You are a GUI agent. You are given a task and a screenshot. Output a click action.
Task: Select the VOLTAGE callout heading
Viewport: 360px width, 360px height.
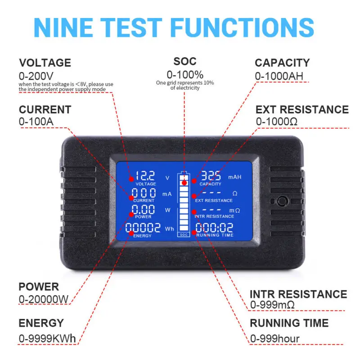point(45,63)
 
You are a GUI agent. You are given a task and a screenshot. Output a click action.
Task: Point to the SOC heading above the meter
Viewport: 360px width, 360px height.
point(185,61)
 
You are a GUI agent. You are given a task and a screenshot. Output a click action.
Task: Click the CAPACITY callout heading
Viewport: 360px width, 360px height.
point(282,63)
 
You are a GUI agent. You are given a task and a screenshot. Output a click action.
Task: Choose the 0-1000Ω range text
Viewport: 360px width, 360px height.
point(277,121)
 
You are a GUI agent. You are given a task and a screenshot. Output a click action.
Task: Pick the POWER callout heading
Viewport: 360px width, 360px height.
point(39,287)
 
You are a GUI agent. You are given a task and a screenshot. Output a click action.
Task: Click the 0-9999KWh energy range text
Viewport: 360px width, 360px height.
point(47,338)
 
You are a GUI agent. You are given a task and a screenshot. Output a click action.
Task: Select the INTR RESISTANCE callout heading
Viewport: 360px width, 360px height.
point(298,294)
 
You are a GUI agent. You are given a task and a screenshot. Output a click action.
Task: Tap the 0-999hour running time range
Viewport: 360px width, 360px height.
point(274,338)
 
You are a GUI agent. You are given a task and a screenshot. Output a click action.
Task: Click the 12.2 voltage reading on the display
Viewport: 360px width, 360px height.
point(145,176)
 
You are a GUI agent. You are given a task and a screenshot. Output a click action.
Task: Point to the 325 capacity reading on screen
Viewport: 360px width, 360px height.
point(211,175)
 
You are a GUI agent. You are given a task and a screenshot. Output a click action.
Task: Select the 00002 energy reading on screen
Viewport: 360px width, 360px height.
point(143,228)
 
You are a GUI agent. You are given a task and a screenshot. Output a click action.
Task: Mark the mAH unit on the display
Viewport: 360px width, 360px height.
point(234,177)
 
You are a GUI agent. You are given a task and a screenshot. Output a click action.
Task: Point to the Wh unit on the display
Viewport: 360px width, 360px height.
point(169,229)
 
